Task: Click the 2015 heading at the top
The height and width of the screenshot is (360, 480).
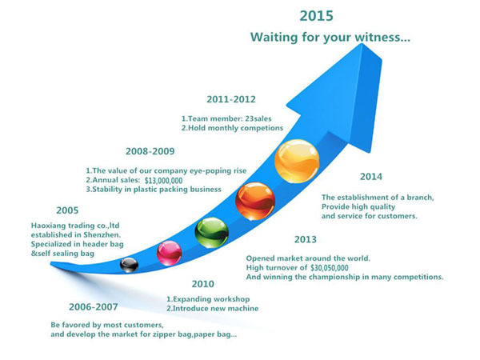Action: (316, 16)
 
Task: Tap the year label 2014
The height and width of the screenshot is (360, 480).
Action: (371, 177)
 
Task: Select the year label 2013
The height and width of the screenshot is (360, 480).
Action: (306, 239)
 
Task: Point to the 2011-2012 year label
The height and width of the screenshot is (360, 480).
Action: (231, 99)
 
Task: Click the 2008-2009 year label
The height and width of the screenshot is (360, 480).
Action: (150, 151)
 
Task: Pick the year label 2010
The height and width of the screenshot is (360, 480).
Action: (202, 284)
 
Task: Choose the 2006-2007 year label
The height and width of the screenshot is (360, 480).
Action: (94, 306)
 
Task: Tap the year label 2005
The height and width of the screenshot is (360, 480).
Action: (67, 210)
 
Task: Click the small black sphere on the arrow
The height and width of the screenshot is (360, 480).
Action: (129, 265)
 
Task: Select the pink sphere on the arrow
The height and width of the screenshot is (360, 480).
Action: (170, 253)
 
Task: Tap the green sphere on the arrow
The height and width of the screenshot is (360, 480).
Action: (211, 233)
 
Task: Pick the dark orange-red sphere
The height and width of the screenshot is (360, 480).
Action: (255, 201)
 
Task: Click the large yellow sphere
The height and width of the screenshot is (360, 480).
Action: (297, 162)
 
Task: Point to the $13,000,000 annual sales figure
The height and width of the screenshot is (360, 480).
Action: (163, 180)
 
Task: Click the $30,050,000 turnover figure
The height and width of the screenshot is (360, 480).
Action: (330, 268)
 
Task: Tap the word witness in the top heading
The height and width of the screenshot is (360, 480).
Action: (382, 38)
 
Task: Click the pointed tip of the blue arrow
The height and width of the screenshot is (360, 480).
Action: (362, 44)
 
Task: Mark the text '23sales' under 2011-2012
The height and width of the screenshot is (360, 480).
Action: (258, 118)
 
